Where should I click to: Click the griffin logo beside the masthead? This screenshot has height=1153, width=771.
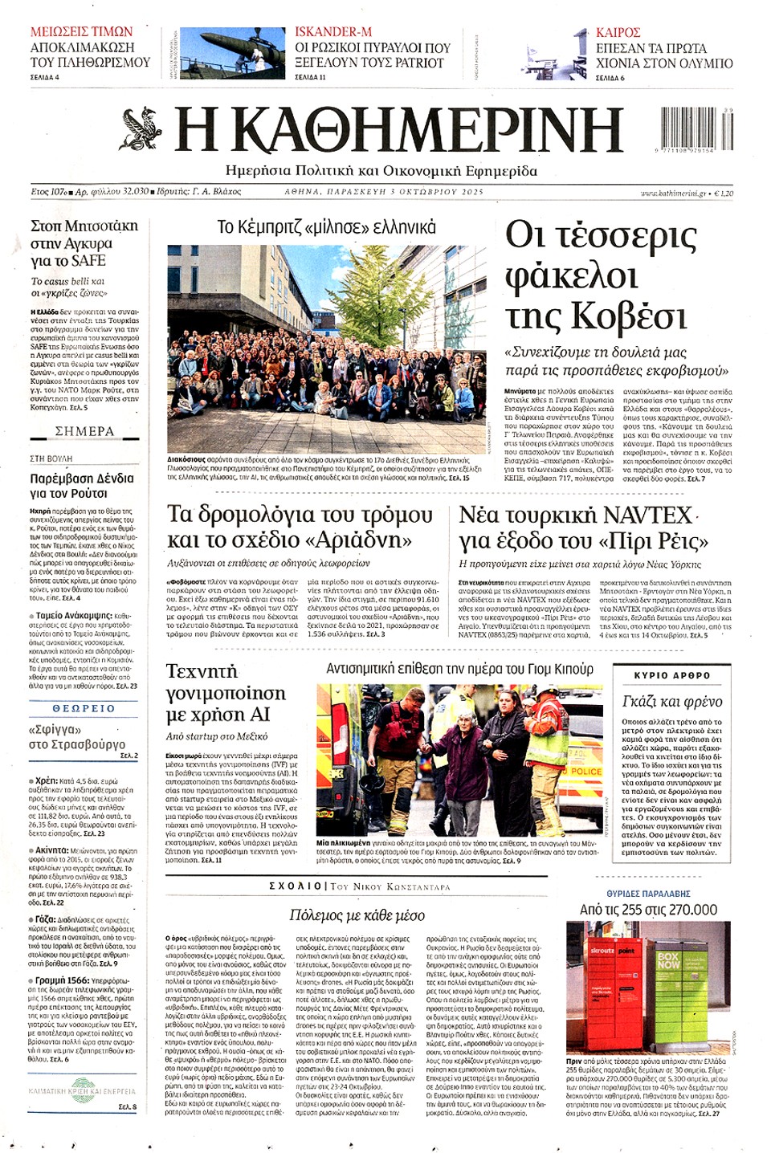pyautogui.click(x=143, y=130)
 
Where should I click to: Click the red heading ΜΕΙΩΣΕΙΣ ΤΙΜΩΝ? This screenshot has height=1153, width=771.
pyautogui.click(x=81, y=31)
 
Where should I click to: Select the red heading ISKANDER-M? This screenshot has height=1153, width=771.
pyautogui.click(x=333, y=31)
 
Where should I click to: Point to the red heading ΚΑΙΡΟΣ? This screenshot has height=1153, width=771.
pyautogui.click(x=618, y=32)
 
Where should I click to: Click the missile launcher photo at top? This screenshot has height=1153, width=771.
pyautogui.click(x=232, y=53)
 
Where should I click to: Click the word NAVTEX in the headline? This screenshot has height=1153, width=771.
pyautogui.click(x=647, y=515)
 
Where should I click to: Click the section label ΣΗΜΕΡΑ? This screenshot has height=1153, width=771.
pyautogui.click(x=84, y=431)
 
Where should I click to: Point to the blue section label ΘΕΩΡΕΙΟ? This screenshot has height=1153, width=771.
pyautogui.click(x=84, y=709)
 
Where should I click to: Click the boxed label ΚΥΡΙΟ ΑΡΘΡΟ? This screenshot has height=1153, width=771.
pyautogui.click(x=672, y=675)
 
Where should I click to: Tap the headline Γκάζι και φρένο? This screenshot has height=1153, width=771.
pyautogui.click(x=672, y=701)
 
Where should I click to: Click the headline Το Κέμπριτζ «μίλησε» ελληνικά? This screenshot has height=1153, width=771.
pyautogui.click(x=326, y=227)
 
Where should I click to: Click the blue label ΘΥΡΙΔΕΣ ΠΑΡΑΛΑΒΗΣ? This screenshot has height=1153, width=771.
pyautogui.click(x=648, y=894)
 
